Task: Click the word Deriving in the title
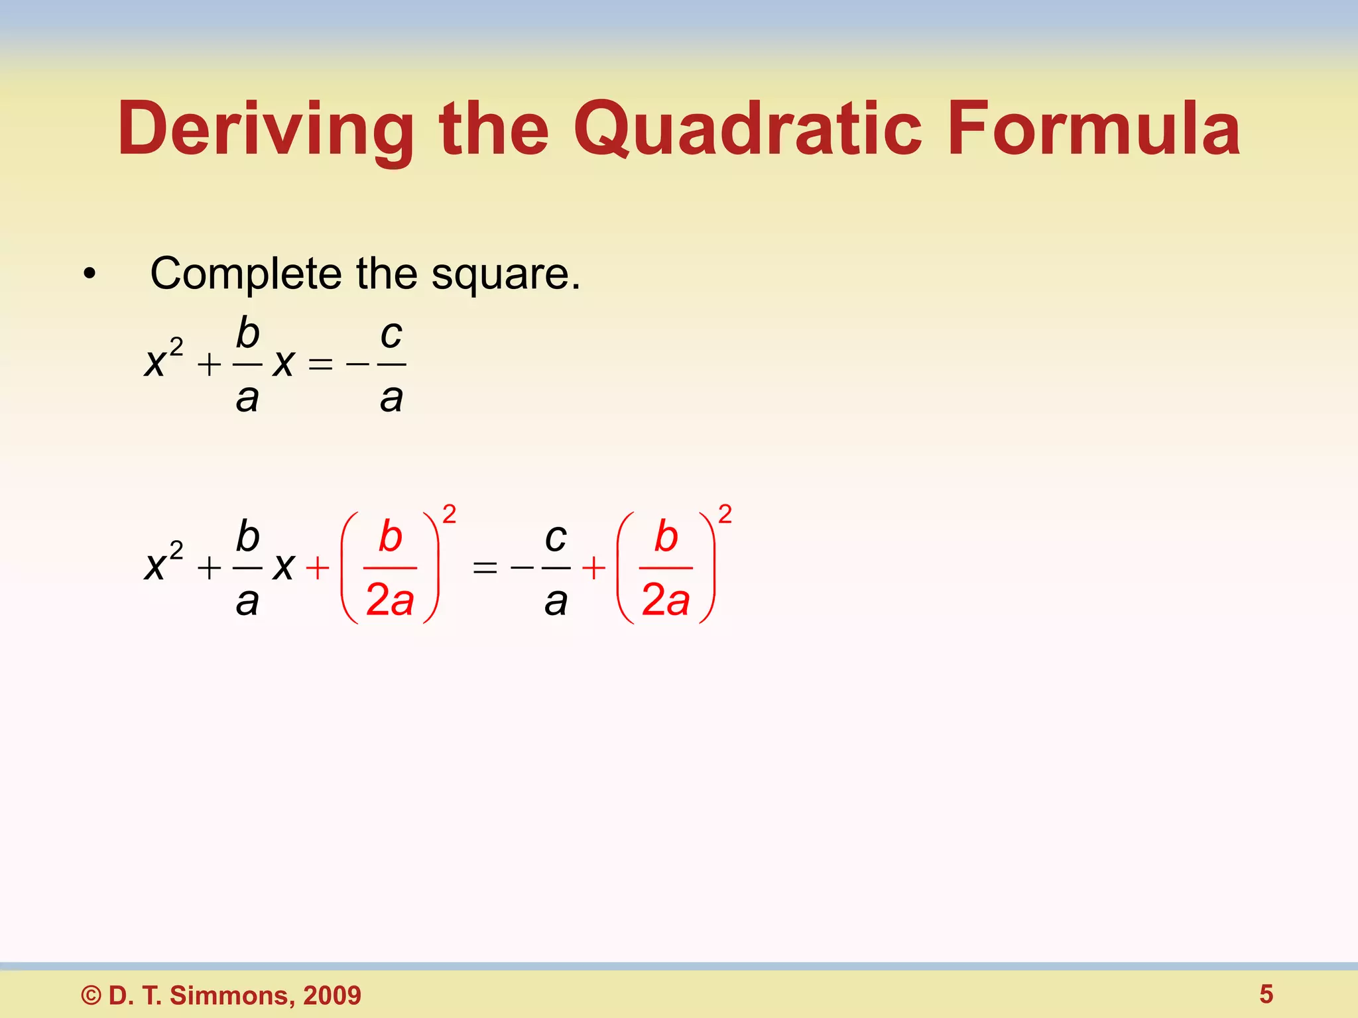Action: [265, 129]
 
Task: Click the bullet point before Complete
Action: [90, 274]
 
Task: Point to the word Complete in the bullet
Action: [245, 274]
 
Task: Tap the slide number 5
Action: [1266, 994]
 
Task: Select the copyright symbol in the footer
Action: [92, 995]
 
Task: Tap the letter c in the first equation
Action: [391, 334]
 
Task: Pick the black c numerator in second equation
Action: [556, 537]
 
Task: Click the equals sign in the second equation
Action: [485, 568]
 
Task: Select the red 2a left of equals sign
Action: [390, 600]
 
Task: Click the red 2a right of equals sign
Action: [666, 600]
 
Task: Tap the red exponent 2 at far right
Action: [725, 514]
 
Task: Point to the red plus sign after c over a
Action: [593, 568]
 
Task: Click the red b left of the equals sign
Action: [391, 536]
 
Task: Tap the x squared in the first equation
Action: [162, 359]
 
